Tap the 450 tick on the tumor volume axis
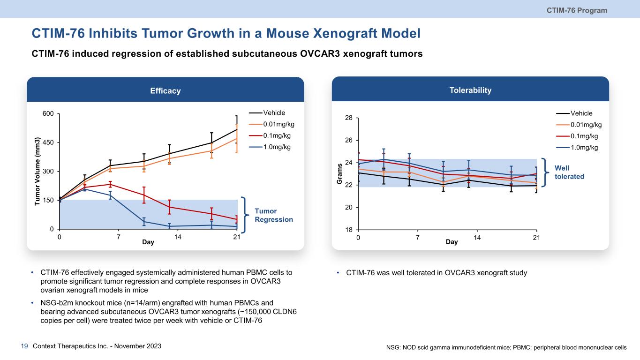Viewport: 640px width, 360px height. coord(48,142)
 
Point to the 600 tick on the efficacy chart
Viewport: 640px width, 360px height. coord(48,113)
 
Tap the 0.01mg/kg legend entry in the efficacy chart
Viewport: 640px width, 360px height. coord(279,124)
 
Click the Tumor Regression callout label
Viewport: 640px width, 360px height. coord(274,216)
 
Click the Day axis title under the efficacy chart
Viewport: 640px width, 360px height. coord(148,243)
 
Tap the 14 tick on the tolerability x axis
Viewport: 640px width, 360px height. coord(477,238)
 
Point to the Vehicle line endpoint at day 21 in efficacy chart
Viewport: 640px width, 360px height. coord(237,129)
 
